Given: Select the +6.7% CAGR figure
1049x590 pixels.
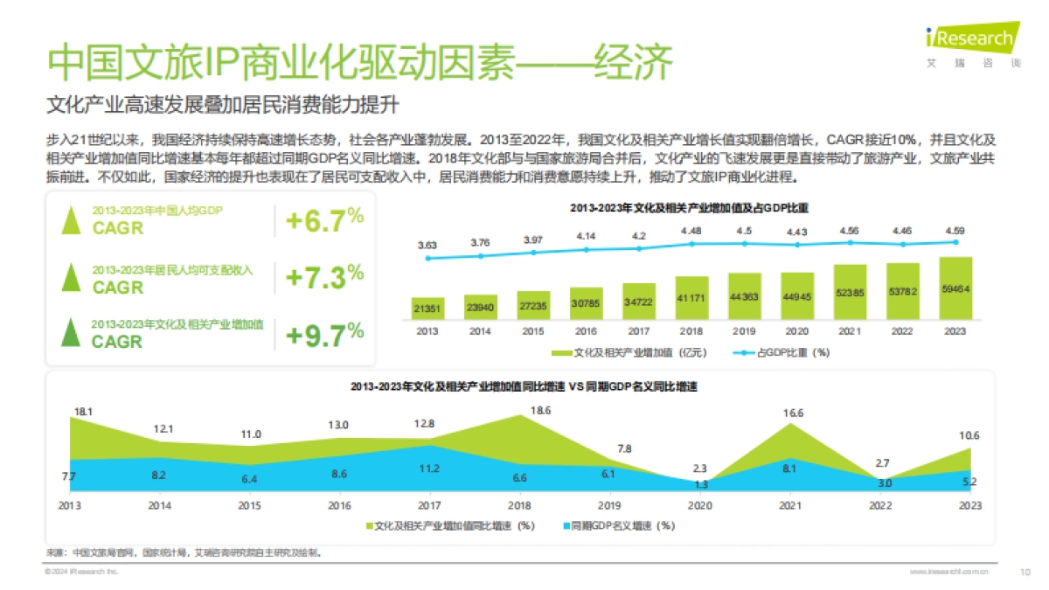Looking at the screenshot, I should [324, 221].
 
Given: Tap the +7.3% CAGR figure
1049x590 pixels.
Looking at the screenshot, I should [324, 278].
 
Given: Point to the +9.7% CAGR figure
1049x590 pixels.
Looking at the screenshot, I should [324, 335].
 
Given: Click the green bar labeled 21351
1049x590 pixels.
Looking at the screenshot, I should [427, 309].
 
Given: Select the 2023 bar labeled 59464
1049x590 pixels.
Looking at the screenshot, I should [955, 288].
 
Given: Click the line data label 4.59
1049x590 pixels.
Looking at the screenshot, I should [955, 231].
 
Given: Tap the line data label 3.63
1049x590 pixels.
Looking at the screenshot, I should [427, 246].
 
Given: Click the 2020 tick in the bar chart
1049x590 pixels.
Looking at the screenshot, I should [797, 332].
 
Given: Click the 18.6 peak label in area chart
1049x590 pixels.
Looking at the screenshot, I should [540, 410].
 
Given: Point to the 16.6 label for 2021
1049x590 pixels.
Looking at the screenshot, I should [793, 412].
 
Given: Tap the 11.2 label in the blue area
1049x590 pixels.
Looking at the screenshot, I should [428, 469].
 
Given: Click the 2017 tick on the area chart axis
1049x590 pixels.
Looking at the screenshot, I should [428, 506].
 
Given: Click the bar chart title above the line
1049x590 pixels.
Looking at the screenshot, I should [691, 208].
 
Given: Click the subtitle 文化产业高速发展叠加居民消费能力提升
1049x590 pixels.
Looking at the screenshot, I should [223, 105].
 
